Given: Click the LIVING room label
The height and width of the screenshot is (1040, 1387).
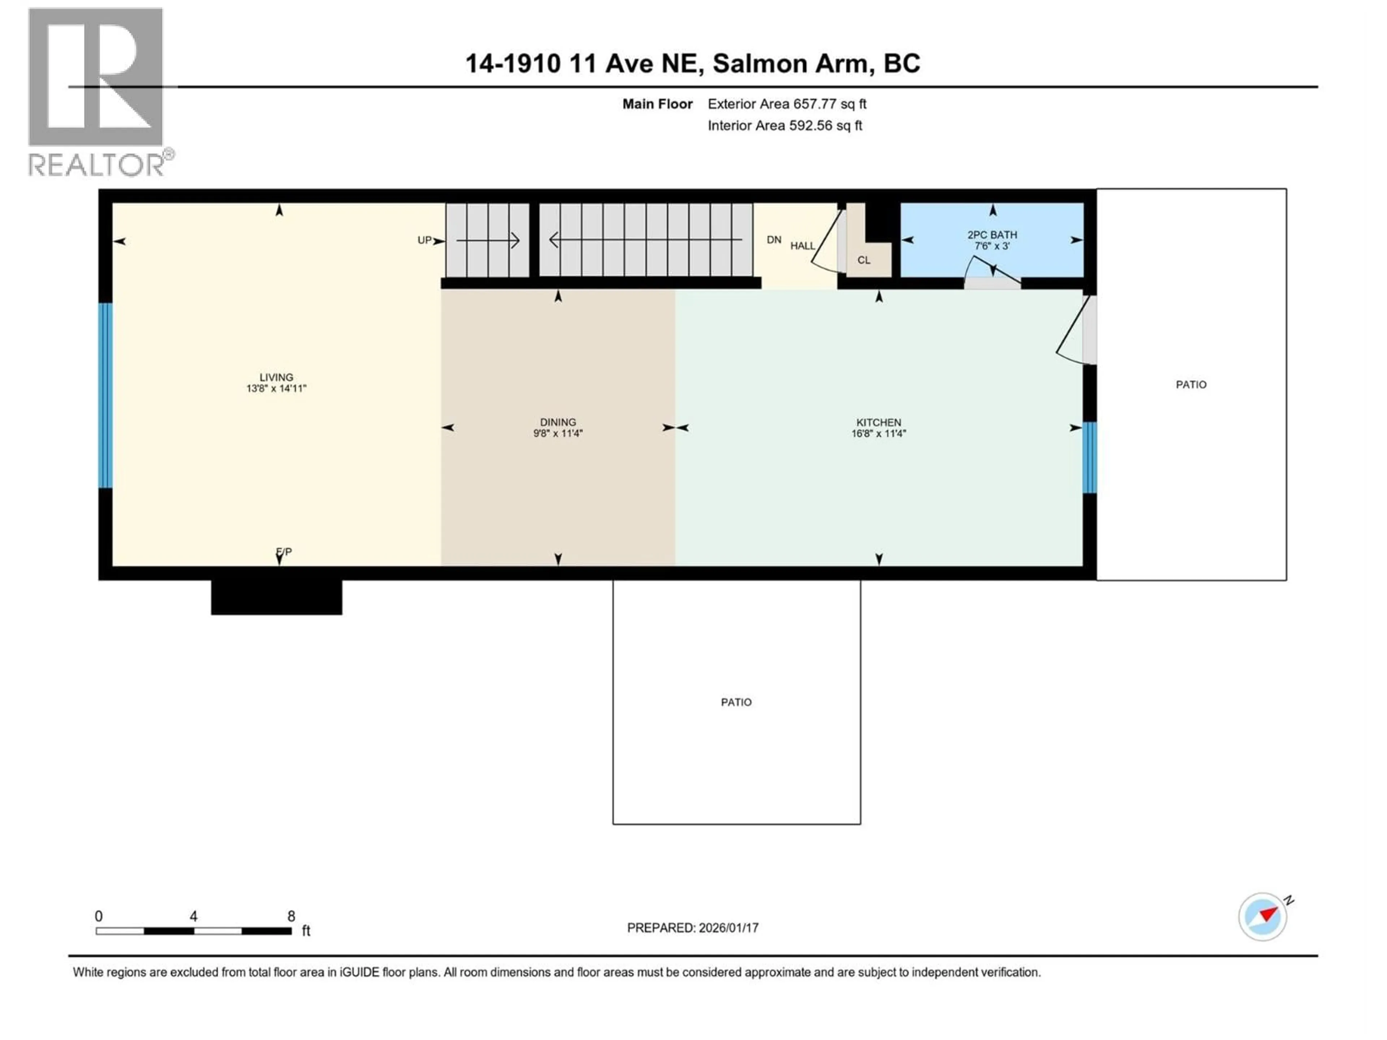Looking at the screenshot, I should coord(276,377).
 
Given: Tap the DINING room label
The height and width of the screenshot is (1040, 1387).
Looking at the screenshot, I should coord(557,422).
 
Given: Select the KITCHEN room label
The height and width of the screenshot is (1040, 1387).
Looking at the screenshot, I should coord(878,422).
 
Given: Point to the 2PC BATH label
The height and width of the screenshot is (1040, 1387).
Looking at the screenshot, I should coord(992,235).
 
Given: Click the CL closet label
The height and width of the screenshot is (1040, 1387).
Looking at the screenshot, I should coord(863,260).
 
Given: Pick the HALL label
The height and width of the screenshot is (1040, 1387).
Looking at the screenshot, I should coord(802,246).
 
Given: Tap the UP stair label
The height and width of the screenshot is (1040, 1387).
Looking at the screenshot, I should coord(424,240).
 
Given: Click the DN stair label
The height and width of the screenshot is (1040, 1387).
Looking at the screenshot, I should coord(774,239).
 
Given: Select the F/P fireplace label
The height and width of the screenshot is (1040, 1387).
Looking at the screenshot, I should coord(284,552).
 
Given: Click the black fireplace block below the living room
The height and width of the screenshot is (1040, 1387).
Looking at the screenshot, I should coord(277,597).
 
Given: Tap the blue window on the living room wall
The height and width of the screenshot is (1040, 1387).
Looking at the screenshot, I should coord(105,395).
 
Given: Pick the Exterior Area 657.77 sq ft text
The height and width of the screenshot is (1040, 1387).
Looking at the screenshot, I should coord(787,104).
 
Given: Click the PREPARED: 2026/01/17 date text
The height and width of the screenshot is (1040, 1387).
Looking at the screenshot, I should coord(693,928).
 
